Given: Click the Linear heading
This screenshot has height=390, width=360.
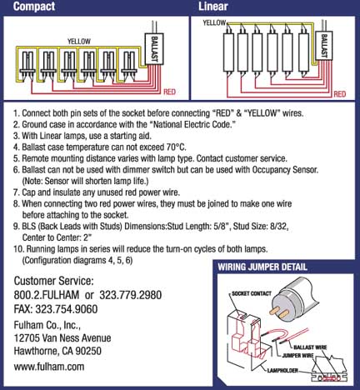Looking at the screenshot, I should (x=214, y=7).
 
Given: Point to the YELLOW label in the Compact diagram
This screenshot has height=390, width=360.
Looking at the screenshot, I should (x=78, y=40).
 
